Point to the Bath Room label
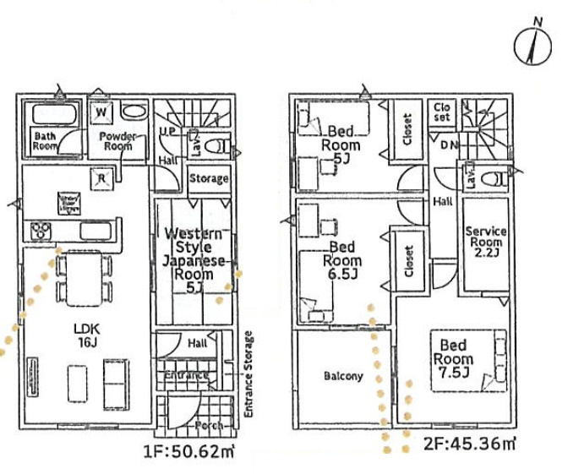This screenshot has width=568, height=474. (45, 140)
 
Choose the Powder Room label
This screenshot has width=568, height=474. (117, 140)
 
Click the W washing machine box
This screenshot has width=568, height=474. (101, 112)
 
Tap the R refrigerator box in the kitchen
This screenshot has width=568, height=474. (101, 177)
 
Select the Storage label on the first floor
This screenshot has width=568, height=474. (208, 179)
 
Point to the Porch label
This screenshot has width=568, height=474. (209, 425)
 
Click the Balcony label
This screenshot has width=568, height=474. (342, 376)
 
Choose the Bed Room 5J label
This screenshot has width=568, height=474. (341, 144)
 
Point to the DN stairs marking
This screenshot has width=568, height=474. (449, 145)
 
